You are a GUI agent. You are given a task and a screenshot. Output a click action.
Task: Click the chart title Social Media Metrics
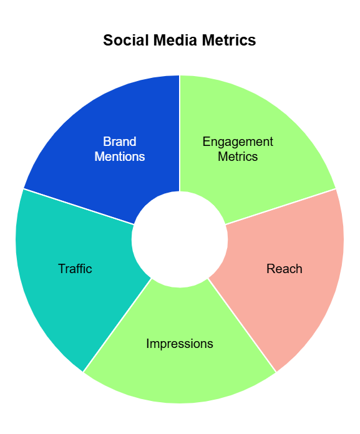tap(180, 40)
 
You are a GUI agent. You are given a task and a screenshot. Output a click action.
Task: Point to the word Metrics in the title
tap(229, 40)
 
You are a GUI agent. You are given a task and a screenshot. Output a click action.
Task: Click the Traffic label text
tap(75, 269)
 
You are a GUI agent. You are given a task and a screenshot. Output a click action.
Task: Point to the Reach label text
tap(284, 269)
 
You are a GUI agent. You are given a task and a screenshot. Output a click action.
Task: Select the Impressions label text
tap(180, 344)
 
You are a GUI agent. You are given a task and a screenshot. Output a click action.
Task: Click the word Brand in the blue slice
tap(120, 142)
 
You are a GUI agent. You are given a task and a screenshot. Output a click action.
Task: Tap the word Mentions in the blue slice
tap(120, 157)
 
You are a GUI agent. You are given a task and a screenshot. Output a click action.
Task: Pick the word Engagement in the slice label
tap(238, 142)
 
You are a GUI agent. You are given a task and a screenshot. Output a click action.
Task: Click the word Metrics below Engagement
tap(238, 157)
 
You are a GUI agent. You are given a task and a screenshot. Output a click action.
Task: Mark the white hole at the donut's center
tap(180, 239)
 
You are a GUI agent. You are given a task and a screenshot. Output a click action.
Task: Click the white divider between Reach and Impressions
tap(242, 325)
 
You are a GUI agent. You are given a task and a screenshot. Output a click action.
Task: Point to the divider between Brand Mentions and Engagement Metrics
tap(180, 133)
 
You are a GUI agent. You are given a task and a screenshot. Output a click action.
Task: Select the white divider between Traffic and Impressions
tap(117, 325)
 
